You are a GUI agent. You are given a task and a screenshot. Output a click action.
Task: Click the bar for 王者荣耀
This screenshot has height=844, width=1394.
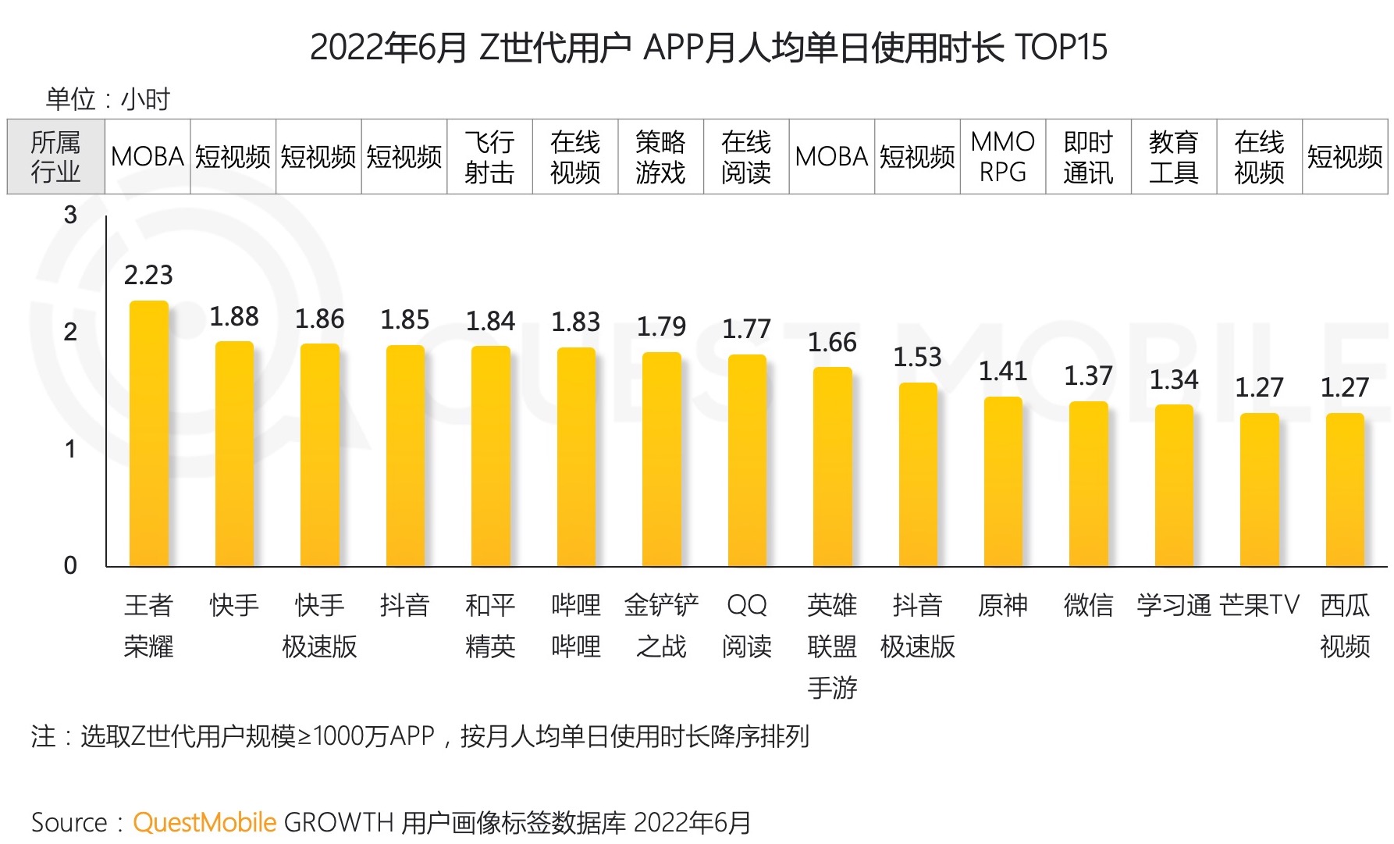148,433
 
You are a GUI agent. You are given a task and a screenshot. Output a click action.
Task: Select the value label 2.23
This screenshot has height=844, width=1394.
148,275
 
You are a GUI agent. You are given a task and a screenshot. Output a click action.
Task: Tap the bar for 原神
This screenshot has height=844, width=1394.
1003,482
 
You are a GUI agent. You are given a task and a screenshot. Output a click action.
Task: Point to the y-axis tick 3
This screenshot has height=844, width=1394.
70,215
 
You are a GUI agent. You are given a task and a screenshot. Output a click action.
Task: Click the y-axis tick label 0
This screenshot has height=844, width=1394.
70,565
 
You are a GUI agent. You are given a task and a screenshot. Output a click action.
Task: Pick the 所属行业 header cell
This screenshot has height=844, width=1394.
55,157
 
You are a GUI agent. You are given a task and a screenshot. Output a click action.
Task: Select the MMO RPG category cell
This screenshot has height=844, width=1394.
1003,157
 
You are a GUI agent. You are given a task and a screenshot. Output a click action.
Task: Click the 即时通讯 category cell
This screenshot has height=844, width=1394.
1088,157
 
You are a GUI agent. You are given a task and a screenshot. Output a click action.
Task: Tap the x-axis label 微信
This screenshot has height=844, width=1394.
1088,605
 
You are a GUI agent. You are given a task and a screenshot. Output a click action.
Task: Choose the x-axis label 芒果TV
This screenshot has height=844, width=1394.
1259,605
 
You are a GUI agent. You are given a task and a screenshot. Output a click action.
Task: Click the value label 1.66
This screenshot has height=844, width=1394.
832,342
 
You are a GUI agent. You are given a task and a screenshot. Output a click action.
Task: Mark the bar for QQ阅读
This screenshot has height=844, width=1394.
747,461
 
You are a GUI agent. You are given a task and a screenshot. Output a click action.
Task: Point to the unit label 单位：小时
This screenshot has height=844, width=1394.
108,99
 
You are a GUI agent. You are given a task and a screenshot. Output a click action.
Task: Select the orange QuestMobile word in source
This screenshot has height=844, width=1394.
204,822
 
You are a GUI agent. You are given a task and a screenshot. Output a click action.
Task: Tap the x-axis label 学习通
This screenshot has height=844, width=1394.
1173,605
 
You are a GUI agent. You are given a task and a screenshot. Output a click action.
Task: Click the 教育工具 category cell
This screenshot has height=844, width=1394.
1173,157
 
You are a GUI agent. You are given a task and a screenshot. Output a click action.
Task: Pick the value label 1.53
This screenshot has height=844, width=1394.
917,357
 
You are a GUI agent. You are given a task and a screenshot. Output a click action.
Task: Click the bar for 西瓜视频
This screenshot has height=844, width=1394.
1345,490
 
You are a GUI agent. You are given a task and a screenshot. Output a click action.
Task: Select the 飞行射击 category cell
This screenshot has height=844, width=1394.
489,157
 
